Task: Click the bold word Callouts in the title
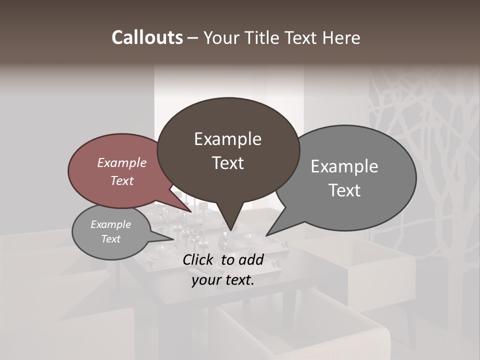pos(147,37)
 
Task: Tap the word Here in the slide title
pos(341,37)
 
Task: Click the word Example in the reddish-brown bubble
pos(122,162)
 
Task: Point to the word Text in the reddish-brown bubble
pos(122,180)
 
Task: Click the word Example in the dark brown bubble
pos(227,139)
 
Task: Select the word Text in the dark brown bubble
pos(228,163)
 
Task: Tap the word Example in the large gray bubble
pos(344,166)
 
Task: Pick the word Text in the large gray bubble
pos(344,190)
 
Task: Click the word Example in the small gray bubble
pos(110,224)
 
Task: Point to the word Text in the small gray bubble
pos(110,239)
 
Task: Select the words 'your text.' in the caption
pos(223,280)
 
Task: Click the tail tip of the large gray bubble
pos(267,235)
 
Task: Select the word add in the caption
pos(250,259)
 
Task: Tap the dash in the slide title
pos(192,38)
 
